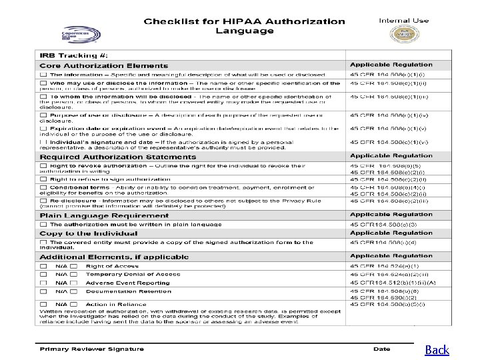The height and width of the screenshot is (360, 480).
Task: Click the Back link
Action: (437, 349)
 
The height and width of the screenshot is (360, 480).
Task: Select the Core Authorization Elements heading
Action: (103, 65)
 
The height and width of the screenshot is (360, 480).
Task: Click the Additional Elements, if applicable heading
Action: (115, 257)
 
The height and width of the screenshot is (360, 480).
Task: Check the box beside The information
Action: (43, 75)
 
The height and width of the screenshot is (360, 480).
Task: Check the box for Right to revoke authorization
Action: (43, 165)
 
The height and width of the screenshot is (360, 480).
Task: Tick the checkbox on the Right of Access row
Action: (43, 266)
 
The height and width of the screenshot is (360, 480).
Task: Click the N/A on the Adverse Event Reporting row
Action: (61, 283)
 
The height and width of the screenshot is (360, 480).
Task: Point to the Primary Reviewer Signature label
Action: (92, 349)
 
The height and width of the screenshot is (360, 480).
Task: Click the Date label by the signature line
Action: (382, 349)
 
